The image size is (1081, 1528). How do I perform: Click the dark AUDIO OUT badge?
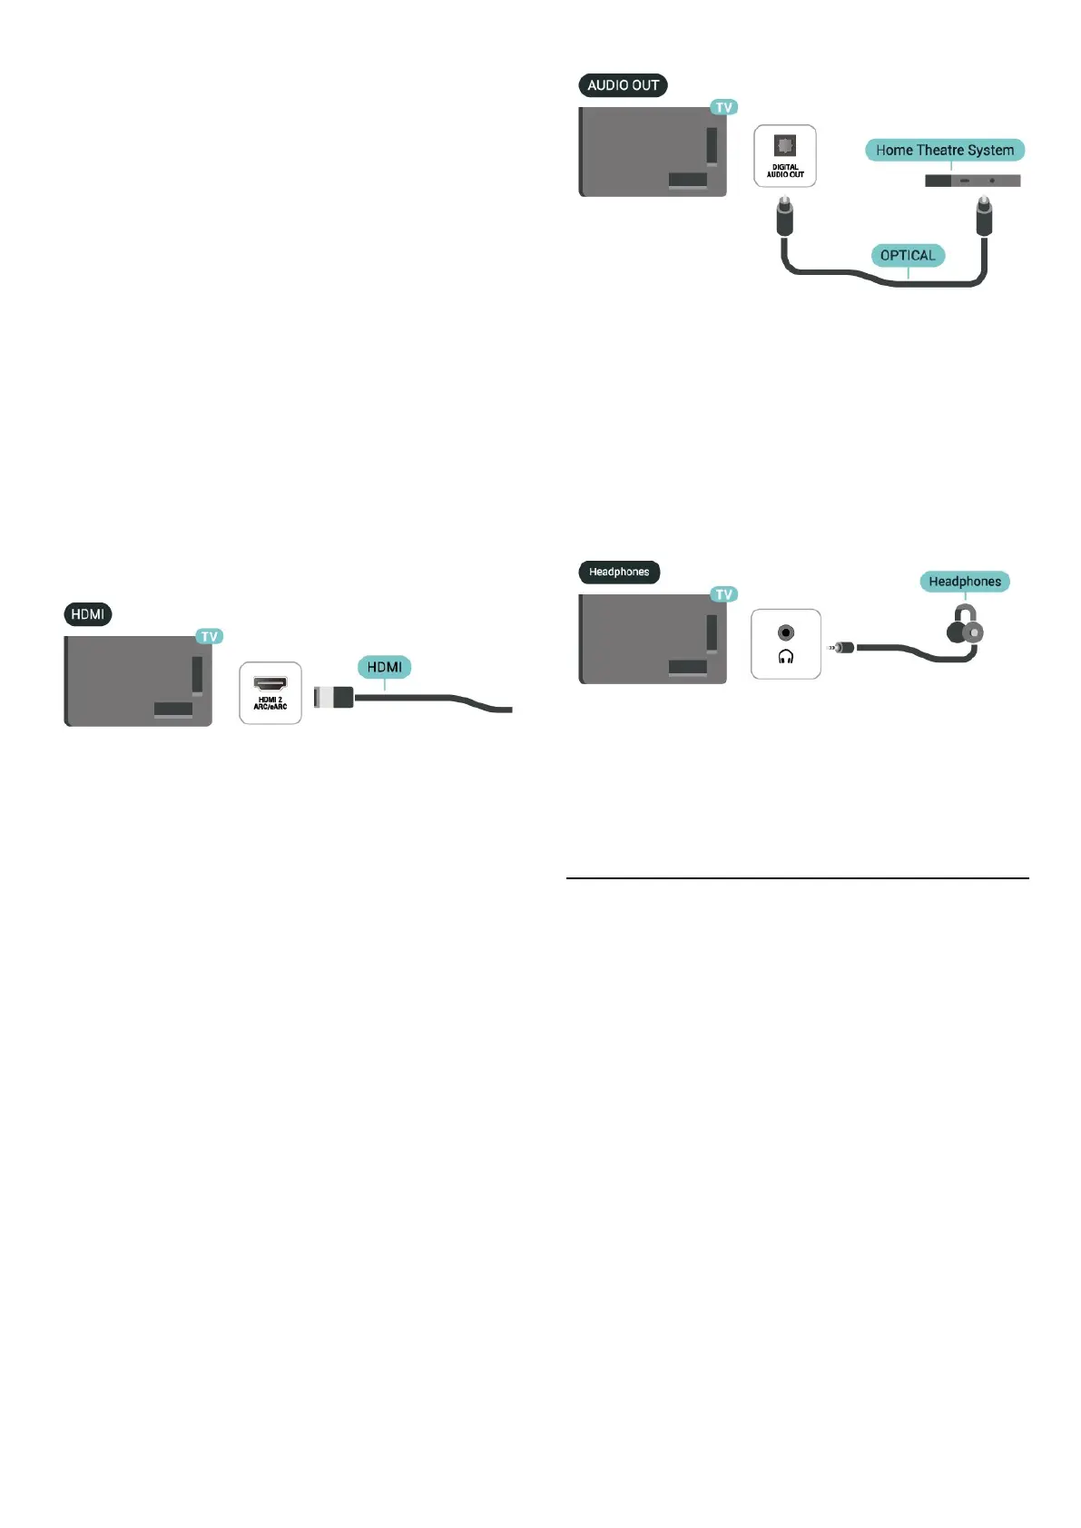click(623, 85)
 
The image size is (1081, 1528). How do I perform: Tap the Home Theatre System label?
click(944, 151)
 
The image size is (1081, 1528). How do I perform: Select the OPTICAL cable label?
click(907, 256)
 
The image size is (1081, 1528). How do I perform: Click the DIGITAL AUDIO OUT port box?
click(785, 156)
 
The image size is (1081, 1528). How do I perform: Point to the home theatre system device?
click(972, 181)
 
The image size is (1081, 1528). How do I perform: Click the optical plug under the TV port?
click(784, 217)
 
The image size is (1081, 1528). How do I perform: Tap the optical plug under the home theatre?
click(982, 217)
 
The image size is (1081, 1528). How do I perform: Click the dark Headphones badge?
click(619, 572)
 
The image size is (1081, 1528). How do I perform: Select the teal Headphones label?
click(964, 582)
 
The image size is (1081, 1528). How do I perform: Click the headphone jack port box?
click(786, 644)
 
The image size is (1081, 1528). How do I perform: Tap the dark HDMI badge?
click(88, 614)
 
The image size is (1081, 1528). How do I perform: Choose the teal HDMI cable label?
click(384, 667)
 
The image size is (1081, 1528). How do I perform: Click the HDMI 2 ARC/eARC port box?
click(270, 693)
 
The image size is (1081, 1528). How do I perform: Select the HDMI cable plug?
click(333, 697)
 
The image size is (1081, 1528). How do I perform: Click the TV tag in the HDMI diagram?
click(210, 636)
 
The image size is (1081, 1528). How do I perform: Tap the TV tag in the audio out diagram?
click(723, 107)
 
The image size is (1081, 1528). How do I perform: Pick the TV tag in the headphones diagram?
click(723, 594)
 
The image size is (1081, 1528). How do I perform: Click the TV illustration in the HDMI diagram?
click(137, 681)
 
